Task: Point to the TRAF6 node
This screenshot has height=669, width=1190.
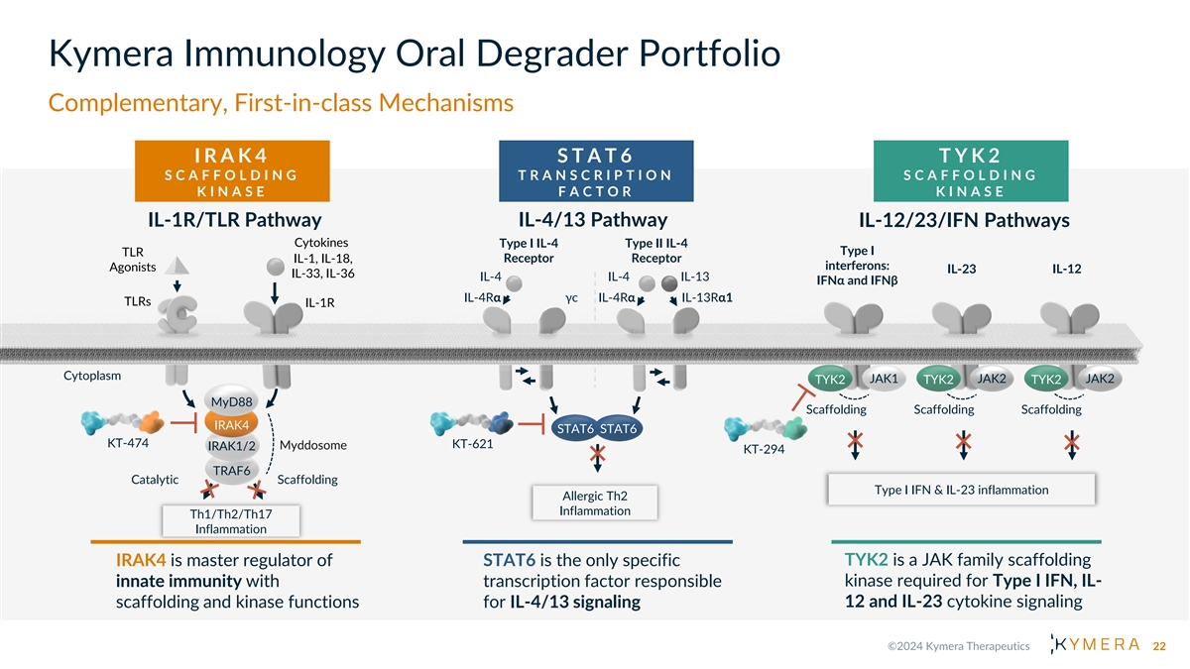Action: coord(229,469)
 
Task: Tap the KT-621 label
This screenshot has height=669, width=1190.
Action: coord(472,443)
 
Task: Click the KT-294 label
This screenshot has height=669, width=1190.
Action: coord(764,449)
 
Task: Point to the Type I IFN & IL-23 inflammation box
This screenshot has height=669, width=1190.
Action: coord(961,490)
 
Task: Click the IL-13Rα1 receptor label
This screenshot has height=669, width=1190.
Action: coord(707,297)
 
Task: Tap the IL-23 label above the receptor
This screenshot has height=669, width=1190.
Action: coord(961,269)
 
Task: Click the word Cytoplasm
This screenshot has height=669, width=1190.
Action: coord(92,376)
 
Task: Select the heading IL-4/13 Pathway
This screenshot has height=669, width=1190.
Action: coord(592,220)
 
